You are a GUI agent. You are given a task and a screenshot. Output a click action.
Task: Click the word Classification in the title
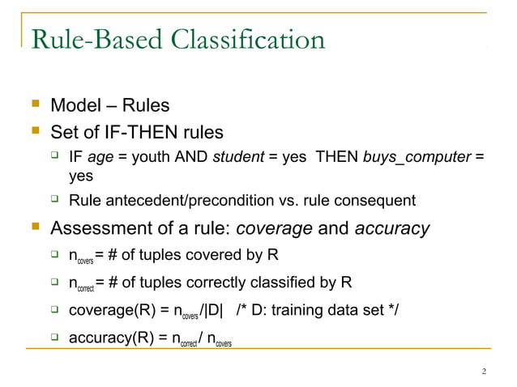pos(243,39)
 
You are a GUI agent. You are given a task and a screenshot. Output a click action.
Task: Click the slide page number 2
pos(484,372)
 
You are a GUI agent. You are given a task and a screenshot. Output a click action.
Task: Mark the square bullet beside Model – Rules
pos(33,106)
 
